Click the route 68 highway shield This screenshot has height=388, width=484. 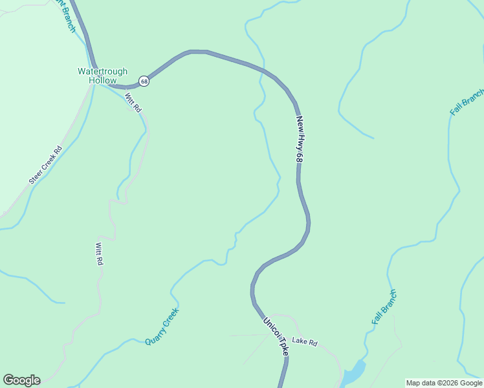tap(144, 81)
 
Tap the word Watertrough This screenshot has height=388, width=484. tap(102, 72)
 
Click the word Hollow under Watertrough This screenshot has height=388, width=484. tap(102, 81)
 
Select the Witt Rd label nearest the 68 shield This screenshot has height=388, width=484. tap(133, 103)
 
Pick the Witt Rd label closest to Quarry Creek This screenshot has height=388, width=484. tap(99, 254)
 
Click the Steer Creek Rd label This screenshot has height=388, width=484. tap(45, 166)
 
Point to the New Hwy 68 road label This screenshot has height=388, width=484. tap(299, 139)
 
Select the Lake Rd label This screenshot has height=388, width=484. tap(305, 341)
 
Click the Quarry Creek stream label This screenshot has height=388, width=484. tap(162, 327)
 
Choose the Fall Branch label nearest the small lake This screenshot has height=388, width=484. tap(384, 307)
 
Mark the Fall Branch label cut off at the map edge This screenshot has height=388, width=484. tap(467, 102)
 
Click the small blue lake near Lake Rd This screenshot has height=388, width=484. tap(353, 374)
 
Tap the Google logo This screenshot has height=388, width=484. tap(21, 380)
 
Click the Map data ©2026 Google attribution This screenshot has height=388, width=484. tap(444, 383)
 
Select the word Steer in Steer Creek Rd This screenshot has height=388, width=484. tap(35, 175)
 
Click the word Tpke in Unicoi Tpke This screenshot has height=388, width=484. tap(283, 347)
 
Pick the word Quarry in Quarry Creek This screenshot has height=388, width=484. tap(155, 335)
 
